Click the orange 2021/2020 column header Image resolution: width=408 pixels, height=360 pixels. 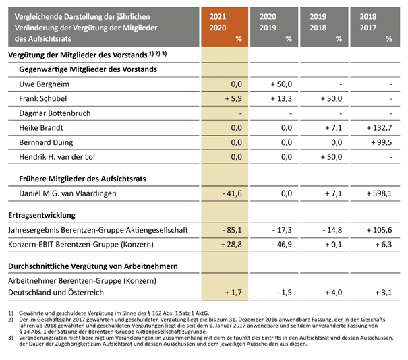225,27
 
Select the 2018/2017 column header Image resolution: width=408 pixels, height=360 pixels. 375,27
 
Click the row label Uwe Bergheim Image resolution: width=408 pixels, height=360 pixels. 45,84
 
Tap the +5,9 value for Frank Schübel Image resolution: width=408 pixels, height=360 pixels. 233,99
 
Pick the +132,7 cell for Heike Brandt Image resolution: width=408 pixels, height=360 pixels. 379,128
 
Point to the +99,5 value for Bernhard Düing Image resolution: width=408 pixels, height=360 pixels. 381,142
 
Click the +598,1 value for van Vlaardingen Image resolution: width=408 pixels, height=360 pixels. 379,193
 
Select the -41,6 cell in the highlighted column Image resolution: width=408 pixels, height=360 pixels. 232,193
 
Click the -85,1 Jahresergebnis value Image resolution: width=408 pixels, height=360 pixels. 232,230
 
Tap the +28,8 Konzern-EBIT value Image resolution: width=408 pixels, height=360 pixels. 231,245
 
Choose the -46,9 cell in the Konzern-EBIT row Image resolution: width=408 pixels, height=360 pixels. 282,245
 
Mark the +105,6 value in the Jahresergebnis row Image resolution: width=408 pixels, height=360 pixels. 379,230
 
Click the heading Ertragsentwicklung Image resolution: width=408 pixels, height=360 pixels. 42,215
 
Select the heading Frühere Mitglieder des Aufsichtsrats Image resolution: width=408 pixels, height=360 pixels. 82,179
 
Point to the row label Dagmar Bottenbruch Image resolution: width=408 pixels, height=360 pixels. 55,113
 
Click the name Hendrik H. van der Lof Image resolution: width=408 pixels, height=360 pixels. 57,157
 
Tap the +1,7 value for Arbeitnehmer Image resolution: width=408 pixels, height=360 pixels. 233,293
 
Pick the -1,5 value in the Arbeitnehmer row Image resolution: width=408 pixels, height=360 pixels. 284,293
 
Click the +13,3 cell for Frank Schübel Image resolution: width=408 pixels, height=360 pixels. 281,99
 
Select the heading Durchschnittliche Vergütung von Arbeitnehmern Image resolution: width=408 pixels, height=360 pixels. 93,266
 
